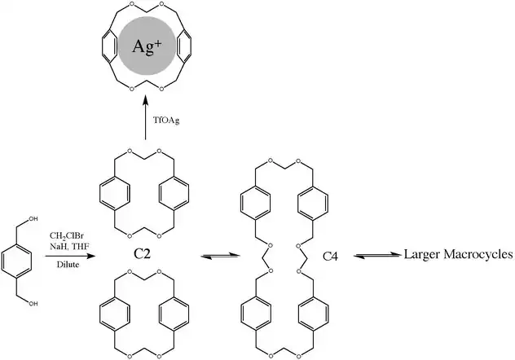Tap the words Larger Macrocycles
[x=458, y=255]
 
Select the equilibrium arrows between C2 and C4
[x=210, y=255]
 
